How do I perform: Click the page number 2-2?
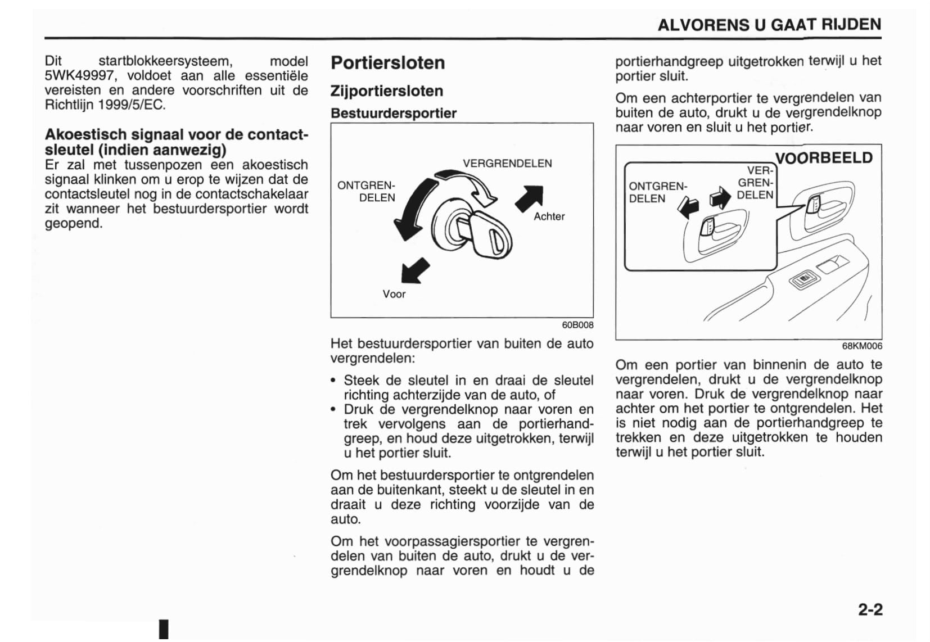pos(870,609)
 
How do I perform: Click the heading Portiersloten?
pos(387,62)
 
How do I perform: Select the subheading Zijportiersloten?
pos(386,91)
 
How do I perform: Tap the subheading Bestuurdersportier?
pos(393,113)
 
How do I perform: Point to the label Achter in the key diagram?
pos(549,216)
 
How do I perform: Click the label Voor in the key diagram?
pos(394,294)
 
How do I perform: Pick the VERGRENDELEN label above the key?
pos(507,163)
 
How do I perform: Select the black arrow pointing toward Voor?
pos(414,270)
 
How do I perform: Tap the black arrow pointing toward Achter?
pos(530,197)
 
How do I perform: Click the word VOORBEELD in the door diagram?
pos(824,157)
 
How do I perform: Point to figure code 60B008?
pos(577,325)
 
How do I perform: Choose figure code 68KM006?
pos(862,346)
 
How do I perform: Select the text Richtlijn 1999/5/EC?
pos(105,105)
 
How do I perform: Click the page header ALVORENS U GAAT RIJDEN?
pos(769,25)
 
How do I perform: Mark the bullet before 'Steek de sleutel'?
pos(334,381)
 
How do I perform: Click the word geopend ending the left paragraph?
pos(74,223)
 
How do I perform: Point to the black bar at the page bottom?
pos(164,630)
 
